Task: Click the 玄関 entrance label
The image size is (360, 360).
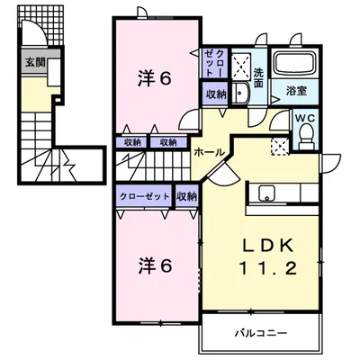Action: pyautogui.click(x=34, y=63)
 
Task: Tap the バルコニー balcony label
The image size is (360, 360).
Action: pyautogui.click(x=261, y=332)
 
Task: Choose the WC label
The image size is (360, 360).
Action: pyautogui.click(x=303, y=117)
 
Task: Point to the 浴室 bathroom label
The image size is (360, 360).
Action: pyautogui.click(x=296, y=91)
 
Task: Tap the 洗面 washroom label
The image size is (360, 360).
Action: pyautogui.click(x=258, y=77)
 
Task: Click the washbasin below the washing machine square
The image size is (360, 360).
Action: pyautogui.click(x=241, y=94)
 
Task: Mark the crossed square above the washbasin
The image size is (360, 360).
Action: pyautogui.click(x=242, y=64)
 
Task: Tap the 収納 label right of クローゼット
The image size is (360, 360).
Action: pyautogui.click(x=186, y=195)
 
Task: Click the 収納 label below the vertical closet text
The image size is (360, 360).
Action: pyautogui.click(x=214, y=94)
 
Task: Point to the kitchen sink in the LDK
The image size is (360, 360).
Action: pyautogui.click(x=266, y=191)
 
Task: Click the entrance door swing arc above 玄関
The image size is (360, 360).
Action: pyautogui.click(x=36, y=37)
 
